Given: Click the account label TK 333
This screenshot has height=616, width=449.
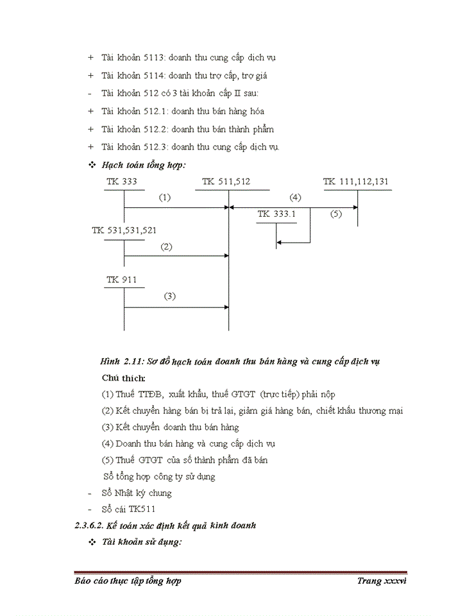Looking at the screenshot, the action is pyautogui.click(x=121, y=182).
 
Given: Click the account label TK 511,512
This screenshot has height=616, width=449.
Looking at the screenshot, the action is pyautogui.click(x=226, y=182).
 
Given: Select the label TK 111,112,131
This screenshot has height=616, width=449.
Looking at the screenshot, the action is pyautogui.click(x=356, y=182).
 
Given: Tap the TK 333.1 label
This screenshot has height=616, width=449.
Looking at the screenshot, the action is pyautogui.click(x=276, y=214).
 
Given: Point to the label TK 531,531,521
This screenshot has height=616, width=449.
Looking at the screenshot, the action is pyautogui.click(x=124, y=230).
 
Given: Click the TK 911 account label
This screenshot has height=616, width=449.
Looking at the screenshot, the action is pyautogui.click(x=121, y=280).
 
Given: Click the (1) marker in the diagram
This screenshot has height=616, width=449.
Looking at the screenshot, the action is pyautogui.click(x=165, y=198).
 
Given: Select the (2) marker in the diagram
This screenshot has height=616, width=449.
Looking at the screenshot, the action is pyautogui.click(x=166, y=246).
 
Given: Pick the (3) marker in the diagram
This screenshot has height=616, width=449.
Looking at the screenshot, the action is pyautogui.click(x=169, y=296).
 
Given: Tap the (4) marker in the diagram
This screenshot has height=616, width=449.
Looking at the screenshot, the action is pyautogui.click(x=295, y=198).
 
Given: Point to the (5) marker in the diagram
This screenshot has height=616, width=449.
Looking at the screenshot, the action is pyautogui.click(x=336, y=214).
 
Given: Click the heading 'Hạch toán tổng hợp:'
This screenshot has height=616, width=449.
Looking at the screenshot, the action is pyautogui.click(x=144, y=165).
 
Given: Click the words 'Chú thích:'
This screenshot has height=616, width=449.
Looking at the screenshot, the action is pyautogui.click(x=123, y=378).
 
